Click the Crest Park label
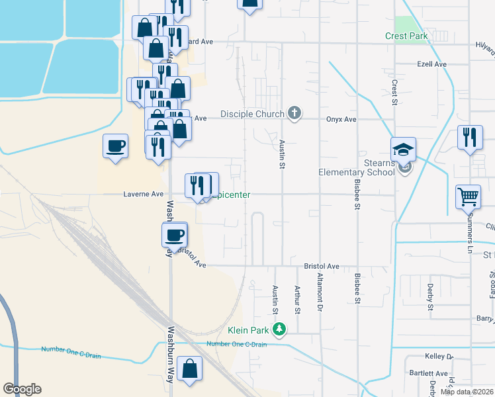click(406, 36)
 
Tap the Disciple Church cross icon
click(295, 114)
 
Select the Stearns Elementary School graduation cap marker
click(402, 150)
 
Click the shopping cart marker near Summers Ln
click(467, 196)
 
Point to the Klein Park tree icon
click(280, 329)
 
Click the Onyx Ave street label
click(341, 119)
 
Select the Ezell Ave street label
click(432, 64)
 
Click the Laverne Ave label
click(144, 195)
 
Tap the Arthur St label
click(297, 300)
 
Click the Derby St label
click(430, 296)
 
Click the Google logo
click(22, 389)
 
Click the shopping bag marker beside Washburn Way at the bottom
click(190, 370)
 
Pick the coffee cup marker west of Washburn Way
click(115, 146)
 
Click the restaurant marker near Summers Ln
click(470, 137)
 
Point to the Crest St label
click(394, 93)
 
